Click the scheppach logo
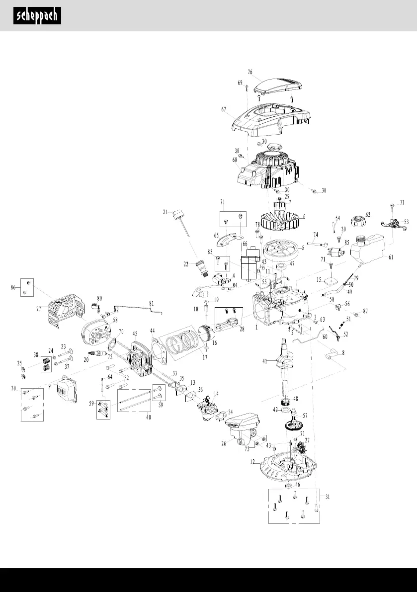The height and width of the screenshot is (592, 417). point(37,15)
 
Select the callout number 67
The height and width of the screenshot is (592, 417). point(224,109)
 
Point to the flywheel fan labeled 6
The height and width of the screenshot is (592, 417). point(281,219)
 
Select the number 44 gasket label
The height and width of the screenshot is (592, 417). point(153,330)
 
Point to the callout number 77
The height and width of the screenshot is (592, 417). point(38,309)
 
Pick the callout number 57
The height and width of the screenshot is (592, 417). point(305,414)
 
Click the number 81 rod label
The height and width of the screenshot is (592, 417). point(152,303)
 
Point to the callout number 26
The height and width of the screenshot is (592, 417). point(224,443)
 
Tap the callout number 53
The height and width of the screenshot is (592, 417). point(406,222)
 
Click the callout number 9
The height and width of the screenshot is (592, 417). point(49,385)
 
